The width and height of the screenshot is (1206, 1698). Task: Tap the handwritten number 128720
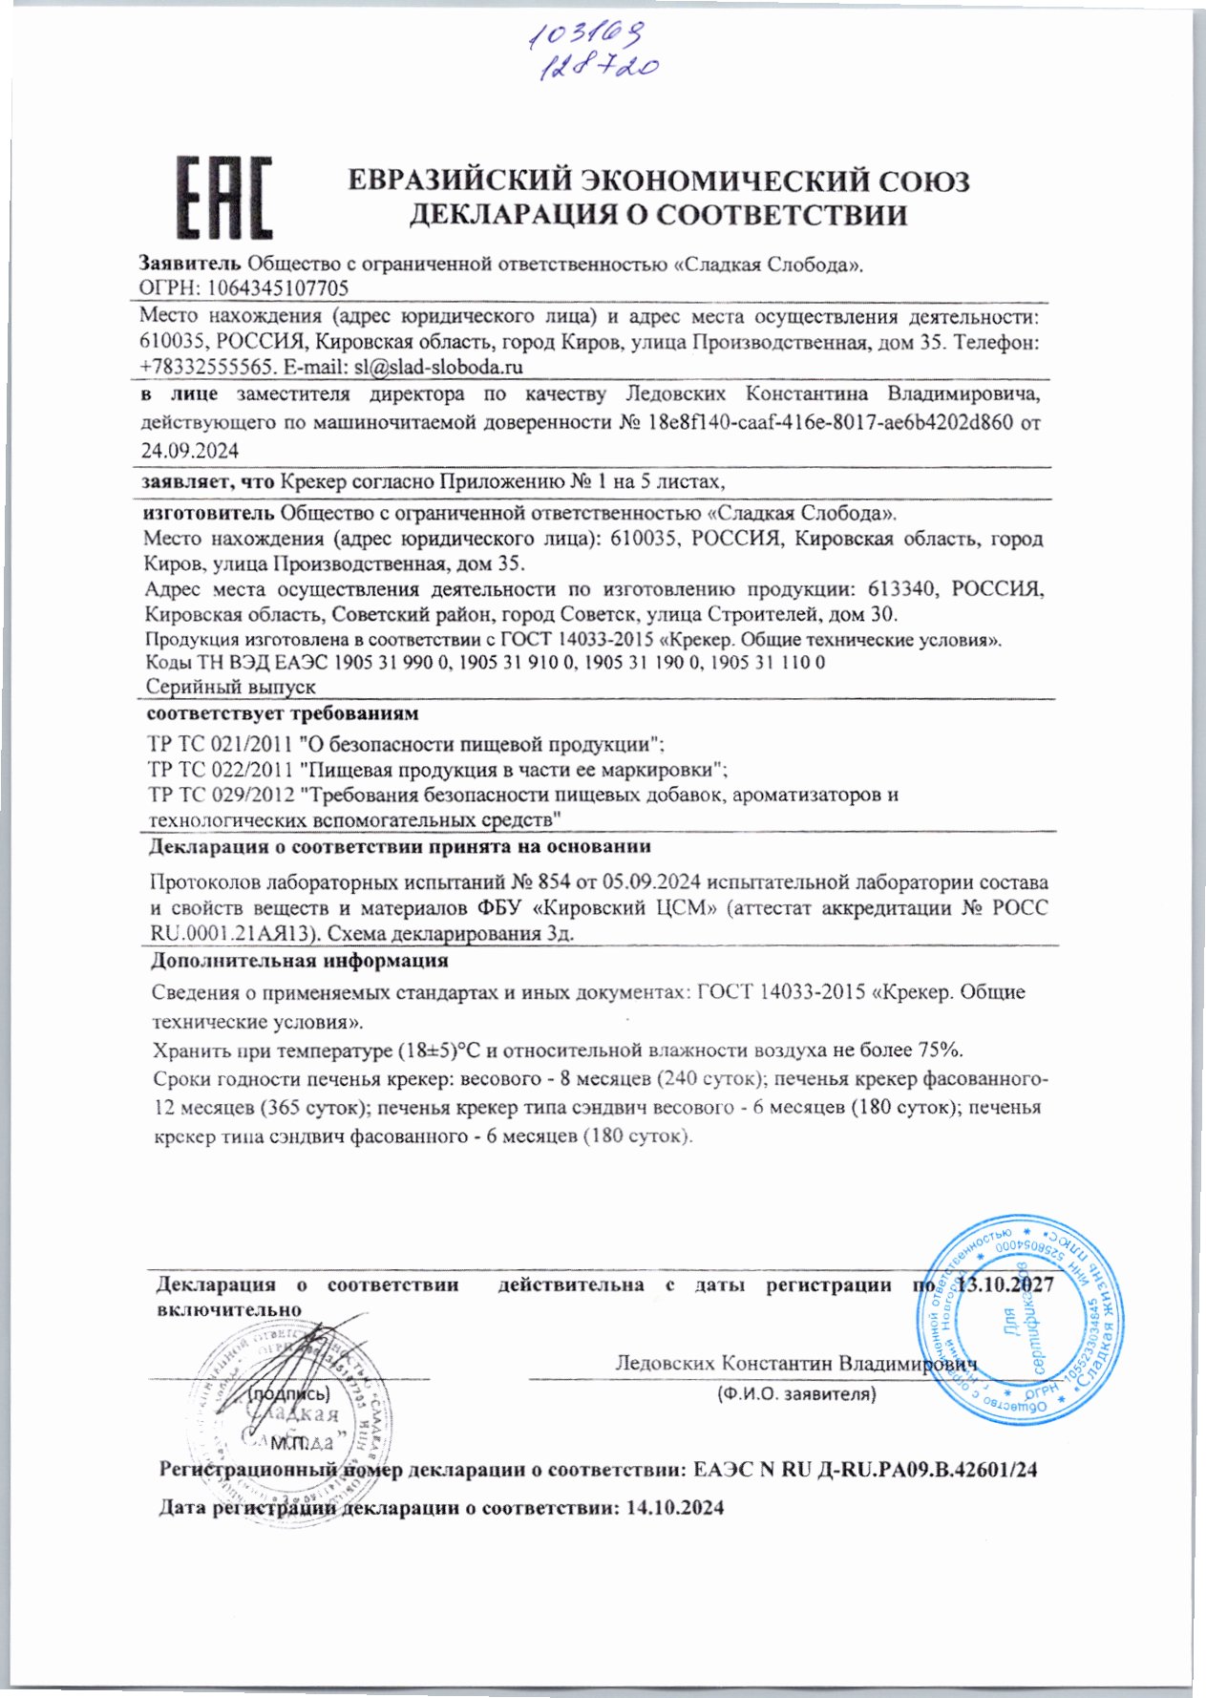click(599, 66)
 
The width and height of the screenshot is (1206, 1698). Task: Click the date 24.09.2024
click(189, 450)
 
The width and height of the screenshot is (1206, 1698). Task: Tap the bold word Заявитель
click(190, 264)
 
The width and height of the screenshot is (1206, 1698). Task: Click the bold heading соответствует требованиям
click(283, 713)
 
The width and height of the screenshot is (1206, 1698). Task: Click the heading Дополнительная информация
click(300, 961)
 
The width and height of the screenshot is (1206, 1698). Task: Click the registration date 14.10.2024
click(674, 1509)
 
